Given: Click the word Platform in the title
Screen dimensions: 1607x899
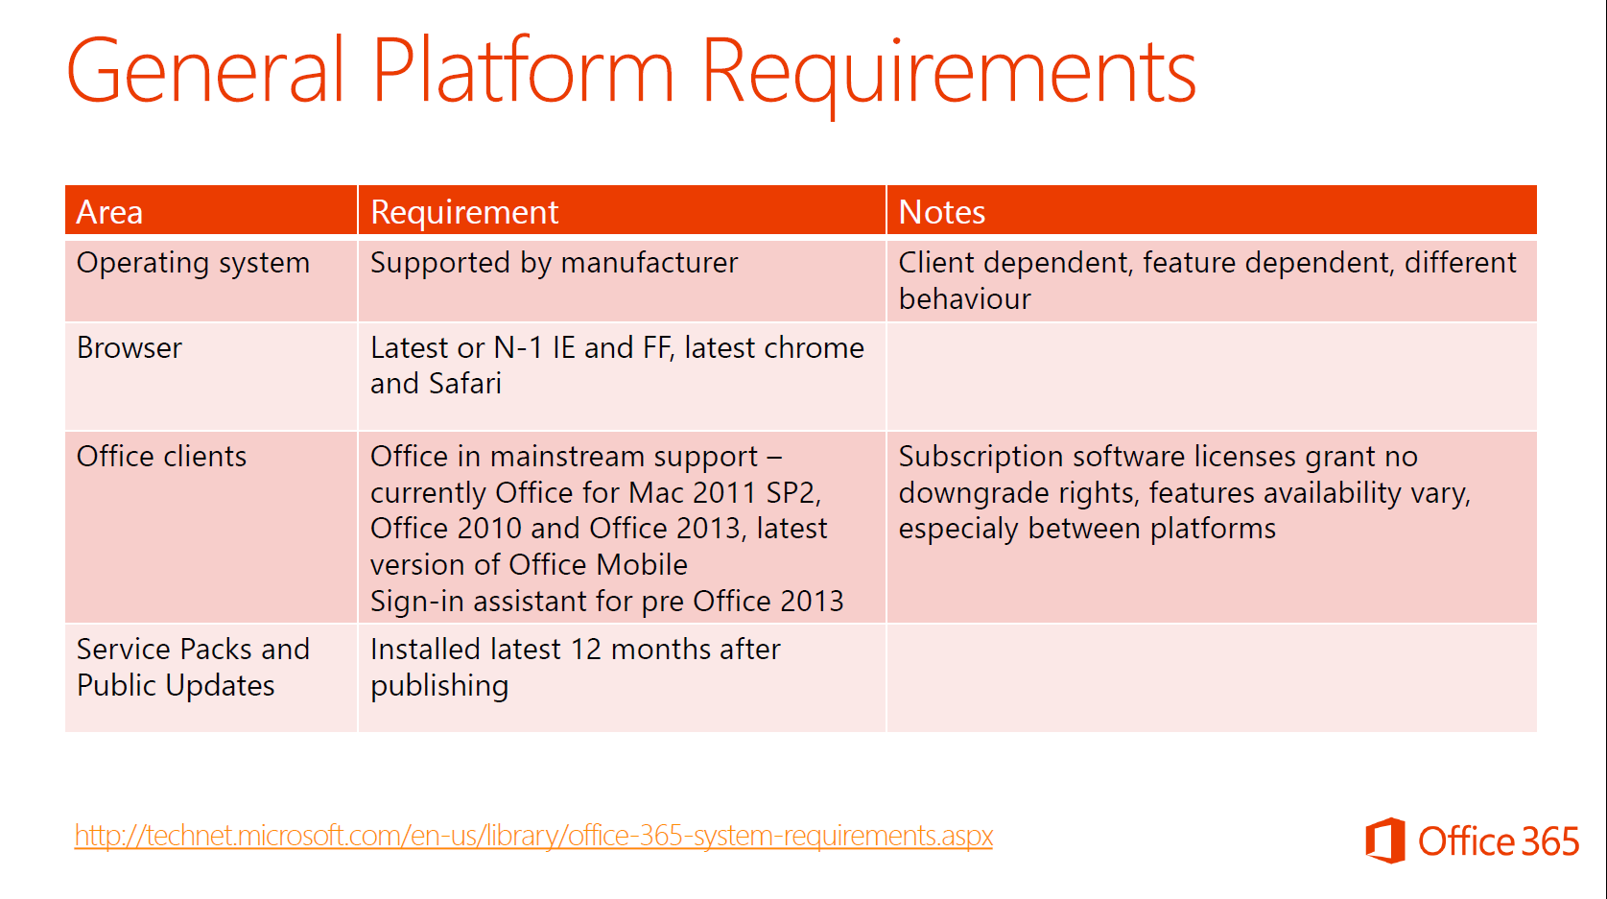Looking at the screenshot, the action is (x=523, y=70).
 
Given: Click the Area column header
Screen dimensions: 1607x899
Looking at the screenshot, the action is (x=109, y=212).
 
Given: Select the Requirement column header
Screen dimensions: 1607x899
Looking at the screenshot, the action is (x=464, y=212).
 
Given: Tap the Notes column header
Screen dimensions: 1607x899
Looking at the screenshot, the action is (x=942, y=212).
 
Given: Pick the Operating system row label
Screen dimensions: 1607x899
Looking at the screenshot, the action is (x=193, y=263).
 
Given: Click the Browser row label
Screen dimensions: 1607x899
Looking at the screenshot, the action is (x=130, y=348).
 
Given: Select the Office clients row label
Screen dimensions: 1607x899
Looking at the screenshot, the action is (x=161, y=457).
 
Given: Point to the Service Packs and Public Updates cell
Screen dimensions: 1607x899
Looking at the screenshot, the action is (x=193, y=667).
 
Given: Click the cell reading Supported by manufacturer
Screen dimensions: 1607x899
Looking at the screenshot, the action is (x=554, y=263).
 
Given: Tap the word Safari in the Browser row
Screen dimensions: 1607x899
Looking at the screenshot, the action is (x=465, y=384).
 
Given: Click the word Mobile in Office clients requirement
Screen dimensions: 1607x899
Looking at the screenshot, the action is (x=642, y=565).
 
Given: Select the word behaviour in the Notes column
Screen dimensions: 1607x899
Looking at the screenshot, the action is (x=965, y=299).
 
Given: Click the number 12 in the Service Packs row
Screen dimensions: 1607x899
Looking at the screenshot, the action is (x=586, y=650).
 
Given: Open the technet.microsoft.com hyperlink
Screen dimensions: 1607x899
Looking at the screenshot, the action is (x=533, y=836).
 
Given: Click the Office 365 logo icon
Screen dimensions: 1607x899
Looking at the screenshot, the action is (x=1385, y=840).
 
